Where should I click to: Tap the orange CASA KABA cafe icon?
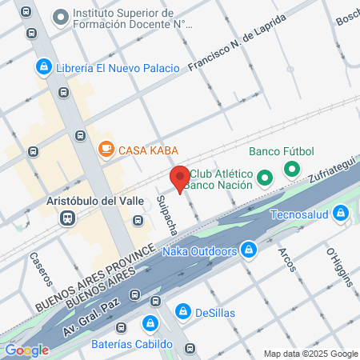(106, 149)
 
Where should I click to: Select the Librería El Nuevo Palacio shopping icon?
(44, 68)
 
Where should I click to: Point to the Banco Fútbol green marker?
(292, 170)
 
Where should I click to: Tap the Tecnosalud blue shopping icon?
(342, 213)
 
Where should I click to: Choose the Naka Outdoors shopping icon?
(249, 250)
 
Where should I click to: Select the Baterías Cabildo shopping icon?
(149, 324)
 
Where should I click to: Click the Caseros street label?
(39, 268)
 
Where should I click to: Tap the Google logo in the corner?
(26, 350)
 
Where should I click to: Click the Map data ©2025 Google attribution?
(311, 354)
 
